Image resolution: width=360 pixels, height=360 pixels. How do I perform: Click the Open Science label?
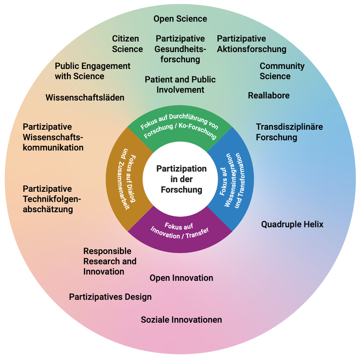(180, 19)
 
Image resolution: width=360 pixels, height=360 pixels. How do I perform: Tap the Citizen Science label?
(127, 44)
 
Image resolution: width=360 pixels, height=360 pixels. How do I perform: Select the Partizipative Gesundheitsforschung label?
(180, 49)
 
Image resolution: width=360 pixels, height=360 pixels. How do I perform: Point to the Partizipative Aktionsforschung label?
(251, 44)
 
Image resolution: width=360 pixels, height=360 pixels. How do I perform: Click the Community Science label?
(281, 71)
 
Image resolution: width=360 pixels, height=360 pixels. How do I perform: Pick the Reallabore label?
(268, 95)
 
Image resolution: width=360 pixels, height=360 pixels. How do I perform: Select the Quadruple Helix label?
(292, 225)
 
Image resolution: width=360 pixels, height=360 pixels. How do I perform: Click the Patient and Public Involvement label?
(180, 84)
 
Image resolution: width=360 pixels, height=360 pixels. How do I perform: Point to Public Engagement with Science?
(92, 71)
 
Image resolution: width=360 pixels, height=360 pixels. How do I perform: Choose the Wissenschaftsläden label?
(84, 97)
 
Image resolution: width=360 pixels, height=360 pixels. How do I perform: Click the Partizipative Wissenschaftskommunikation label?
(53, 137)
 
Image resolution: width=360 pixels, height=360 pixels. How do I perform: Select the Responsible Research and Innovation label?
(109, 261)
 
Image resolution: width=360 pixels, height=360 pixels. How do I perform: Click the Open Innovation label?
(181, 278)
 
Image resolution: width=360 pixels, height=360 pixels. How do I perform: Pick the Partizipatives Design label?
(110, 297)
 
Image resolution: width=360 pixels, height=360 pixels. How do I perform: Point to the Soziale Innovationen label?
(181, 320)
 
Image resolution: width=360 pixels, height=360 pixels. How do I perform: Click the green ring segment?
(180, 128)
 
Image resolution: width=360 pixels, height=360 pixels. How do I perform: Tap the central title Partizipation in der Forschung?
(181, 179)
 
